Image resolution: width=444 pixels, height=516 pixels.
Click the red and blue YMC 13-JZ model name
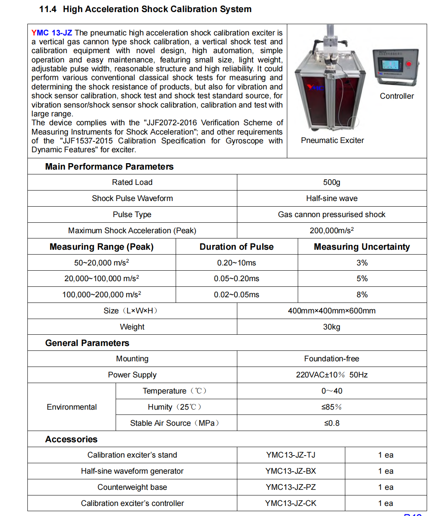pyautogui.click(x=52, y=33)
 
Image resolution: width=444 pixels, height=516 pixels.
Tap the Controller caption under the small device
pyautogui.click(x=396, y=96)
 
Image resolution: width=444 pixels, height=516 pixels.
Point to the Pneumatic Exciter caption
pyautogui.click(x=332, y=141)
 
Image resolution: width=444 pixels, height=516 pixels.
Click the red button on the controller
pyautogui.click(x=409, y=64)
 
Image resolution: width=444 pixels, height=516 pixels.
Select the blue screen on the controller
pyautogui.click(x=390, y=65)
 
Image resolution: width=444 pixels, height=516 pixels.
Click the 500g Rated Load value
pyautogui.click(x=332, y=182)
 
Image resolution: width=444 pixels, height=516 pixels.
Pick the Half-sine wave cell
pyautogui.click(x=332, y=199)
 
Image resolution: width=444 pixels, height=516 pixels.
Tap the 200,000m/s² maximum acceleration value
pyautogui.click(x=332, y=230)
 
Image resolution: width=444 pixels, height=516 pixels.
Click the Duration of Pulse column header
pyautogui.click(x=237, y=247)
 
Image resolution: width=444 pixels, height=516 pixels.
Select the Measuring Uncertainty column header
pyautogui.click(x=362, y=247)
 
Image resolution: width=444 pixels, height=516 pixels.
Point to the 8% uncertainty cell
pyautogui.click(x=362, y=295)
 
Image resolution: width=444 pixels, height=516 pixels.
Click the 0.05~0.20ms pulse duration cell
pyautogui.click(x=237, y=279)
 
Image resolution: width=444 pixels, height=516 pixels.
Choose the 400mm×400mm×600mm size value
pyautogui.click(x=332, y=311)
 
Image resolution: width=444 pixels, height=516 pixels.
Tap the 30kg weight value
pyautogui.click(x=332, y=327)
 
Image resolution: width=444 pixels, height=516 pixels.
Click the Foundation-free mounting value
pyautogui.click(x=332, y=359)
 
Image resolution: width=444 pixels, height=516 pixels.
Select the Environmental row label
pyautogui.click(x=72, y=407)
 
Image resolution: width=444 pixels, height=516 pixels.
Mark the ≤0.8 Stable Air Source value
pyautogui.click(x=332, y=423)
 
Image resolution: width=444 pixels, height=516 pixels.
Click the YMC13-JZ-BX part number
pyautogui.click(x=290, y=471)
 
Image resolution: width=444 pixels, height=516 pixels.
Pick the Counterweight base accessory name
pyautogui.click(x=132, y=487)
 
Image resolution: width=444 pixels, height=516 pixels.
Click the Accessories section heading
pyautogui.click(x=71, y=439)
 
